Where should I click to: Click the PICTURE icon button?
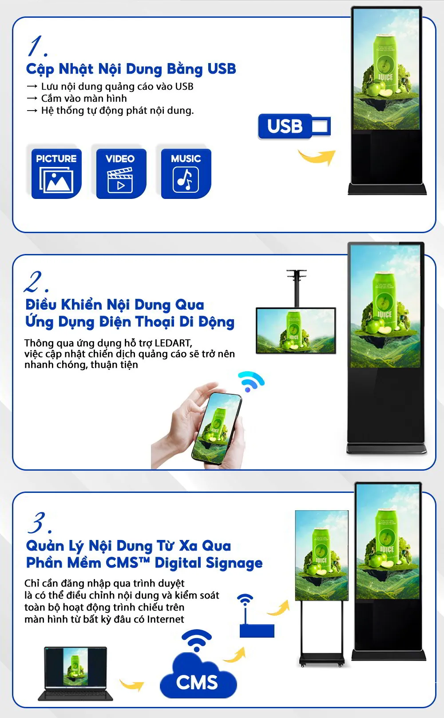[x=56, y=173]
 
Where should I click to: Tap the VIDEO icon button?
[x=121, y=173]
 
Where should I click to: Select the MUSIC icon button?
[x=186, y=173]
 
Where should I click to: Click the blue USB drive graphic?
[x=294, y=127]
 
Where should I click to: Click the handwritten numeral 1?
[x=37, y=46]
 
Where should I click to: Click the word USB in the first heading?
[x=222, y=69]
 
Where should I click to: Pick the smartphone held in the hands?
[x=217, y=428]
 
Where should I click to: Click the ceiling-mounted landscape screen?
[x=296, y=330]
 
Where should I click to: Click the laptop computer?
[x=75, y=673]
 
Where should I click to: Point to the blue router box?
[x=257, y=631]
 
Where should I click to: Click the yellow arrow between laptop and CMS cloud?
[x=132, y=685]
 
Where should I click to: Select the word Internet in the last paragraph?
[x=165, y=619]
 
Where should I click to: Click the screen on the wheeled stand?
[x=321, y=555]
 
